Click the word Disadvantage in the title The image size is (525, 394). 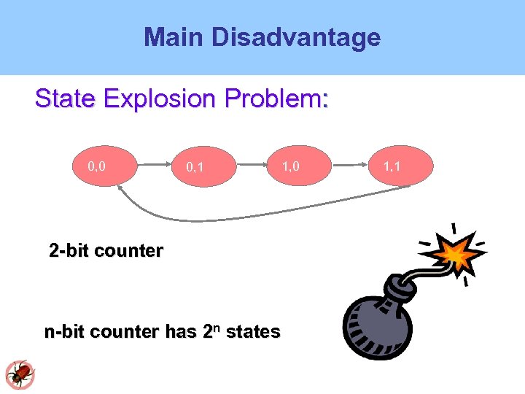click(295, 37)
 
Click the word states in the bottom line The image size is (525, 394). click(253, 332)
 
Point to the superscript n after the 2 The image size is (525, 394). click(218, 328)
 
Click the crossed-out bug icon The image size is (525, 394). click(20, 374)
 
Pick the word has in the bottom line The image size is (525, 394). click(182, 332)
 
